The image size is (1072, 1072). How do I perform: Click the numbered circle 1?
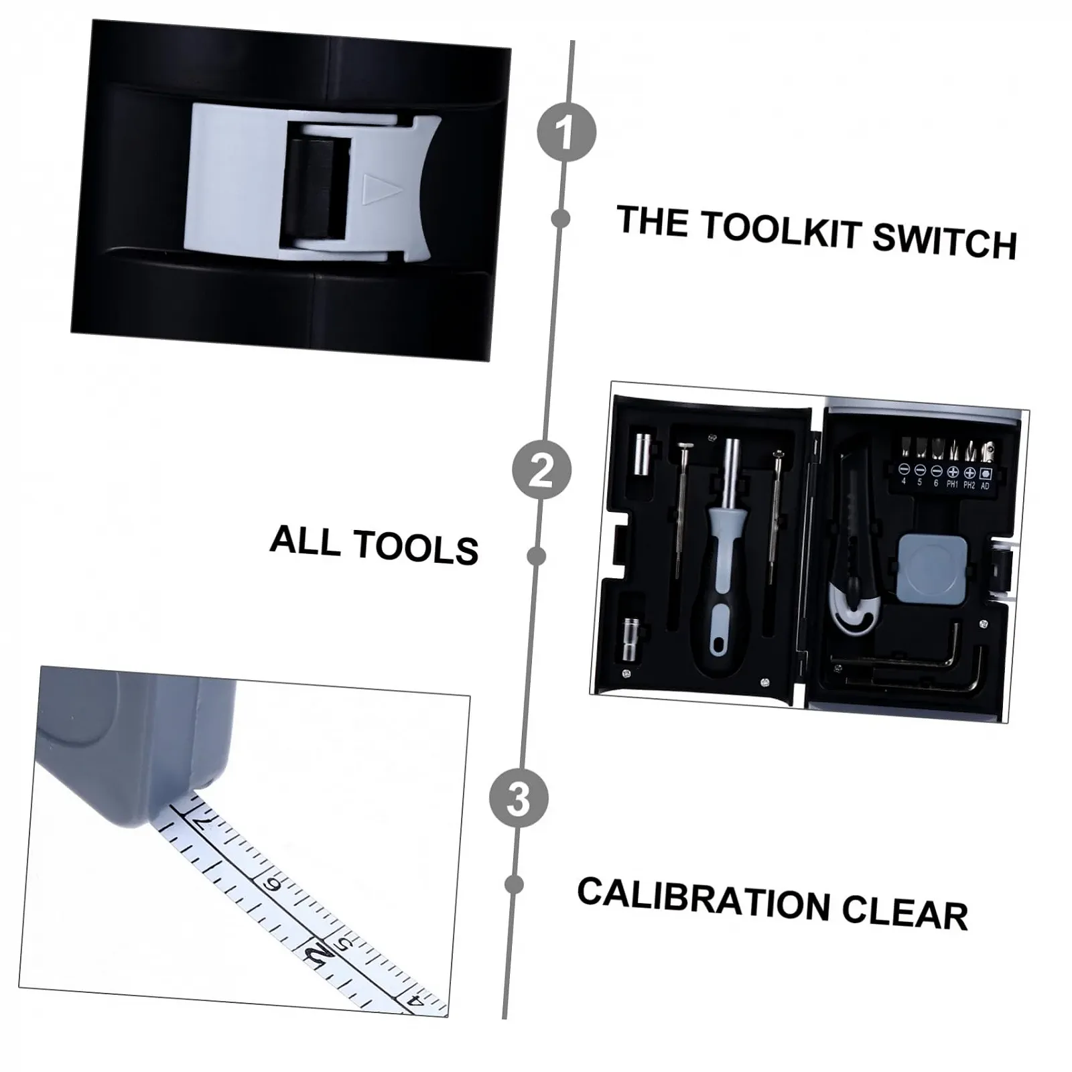pos(566,132)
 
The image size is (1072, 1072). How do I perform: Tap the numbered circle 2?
pos(541,469)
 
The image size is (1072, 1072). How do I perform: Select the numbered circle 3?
pos(519,799)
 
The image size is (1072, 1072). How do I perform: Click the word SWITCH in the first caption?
pos(945,241)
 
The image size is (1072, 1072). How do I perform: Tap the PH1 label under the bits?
pos(952,484)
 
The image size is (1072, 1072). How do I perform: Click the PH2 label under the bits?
pos(969,485)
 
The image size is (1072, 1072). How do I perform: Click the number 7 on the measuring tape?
pos(203,823)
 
